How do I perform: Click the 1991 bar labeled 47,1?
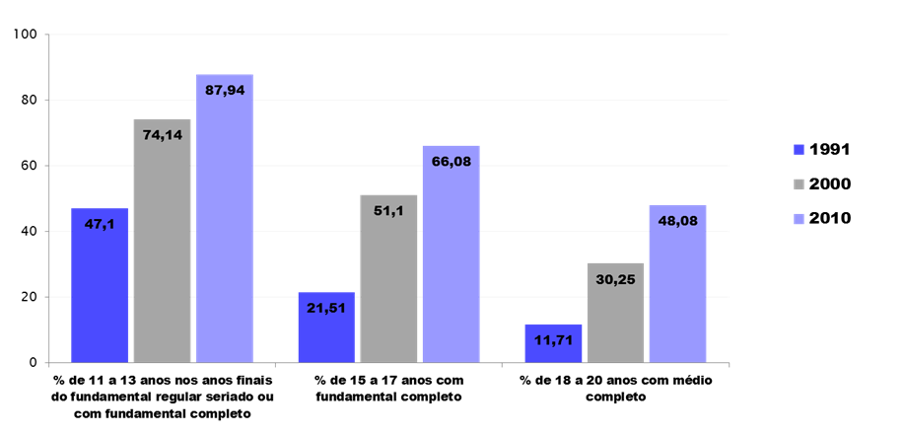pyautogui.click(x=100, y=286)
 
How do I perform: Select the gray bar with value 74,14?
pyautogui.click(x=162, y=242)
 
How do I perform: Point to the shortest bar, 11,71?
pyautogui.click(x=553, y=344)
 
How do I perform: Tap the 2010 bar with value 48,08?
pyautogui.click(x=677, y=286)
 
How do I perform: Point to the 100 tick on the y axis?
pyautogui.click(x=26, y=35)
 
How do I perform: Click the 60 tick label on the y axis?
pyautogui.click(x=29, y=166)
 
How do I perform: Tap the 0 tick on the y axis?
pyautogui.click(x=33, y=363)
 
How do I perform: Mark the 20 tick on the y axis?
pyautogui.click(x=29, y=297)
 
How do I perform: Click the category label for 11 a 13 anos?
pyautogui.click(x=163, y=397)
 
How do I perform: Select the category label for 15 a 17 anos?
pyautogui.click(x=387, y=388)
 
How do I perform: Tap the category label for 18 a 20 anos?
pyautogui.click(x=615, y=388)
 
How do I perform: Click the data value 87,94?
pyautogui.click(x=225, y=90)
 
